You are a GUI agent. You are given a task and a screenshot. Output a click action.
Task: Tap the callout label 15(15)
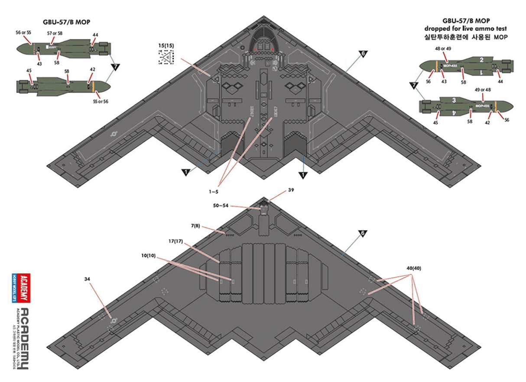coord(166,45)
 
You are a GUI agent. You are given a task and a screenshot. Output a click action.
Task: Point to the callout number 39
coord(291,190)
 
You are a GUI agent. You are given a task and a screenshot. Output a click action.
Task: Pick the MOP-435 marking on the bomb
coord(482,106)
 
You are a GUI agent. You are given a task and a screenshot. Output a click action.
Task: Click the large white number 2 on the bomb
coord(481,60)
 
